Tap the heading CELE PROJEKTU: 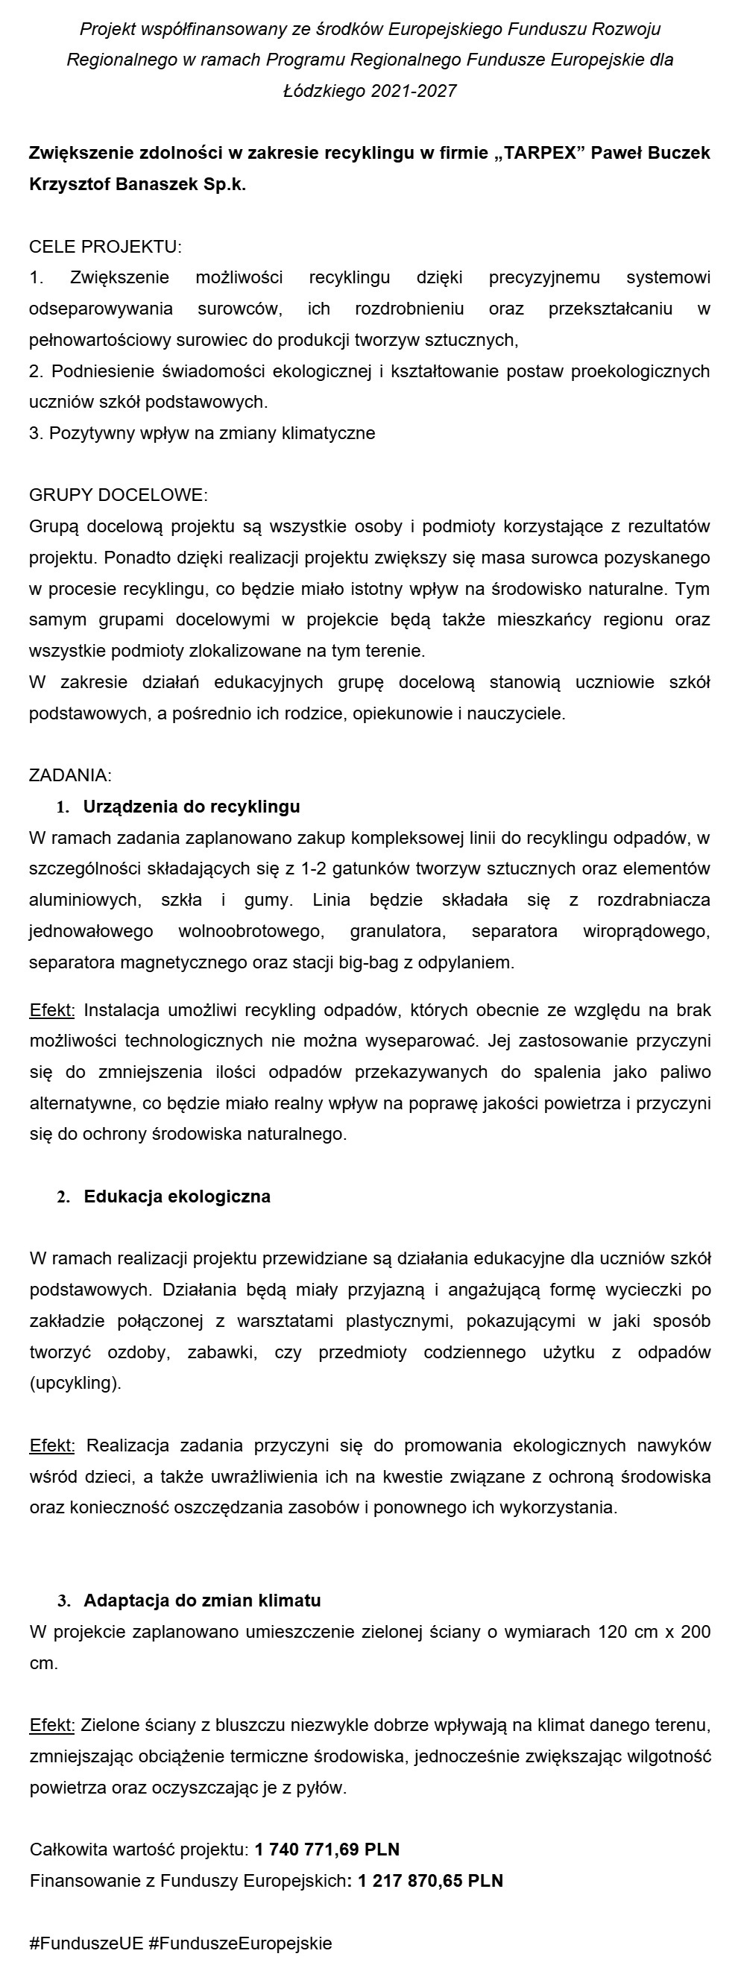point(105,247)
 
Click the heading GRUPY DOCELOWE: point(118,495)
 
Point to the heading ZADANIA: point(71,775)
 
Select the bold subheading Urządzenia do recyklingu point(192,806)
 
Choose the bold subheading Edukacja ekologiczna point(177,1196)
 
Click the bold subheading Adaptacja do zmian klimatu point(202,1600)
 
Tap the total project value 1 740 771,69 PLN point(327,1849)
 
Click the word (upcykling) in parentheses point(75,1383)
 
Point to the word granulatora point(396,931)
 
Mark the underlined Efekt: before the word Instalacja point(52,1010)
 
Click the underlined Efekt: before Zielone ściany point(52,1725)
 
